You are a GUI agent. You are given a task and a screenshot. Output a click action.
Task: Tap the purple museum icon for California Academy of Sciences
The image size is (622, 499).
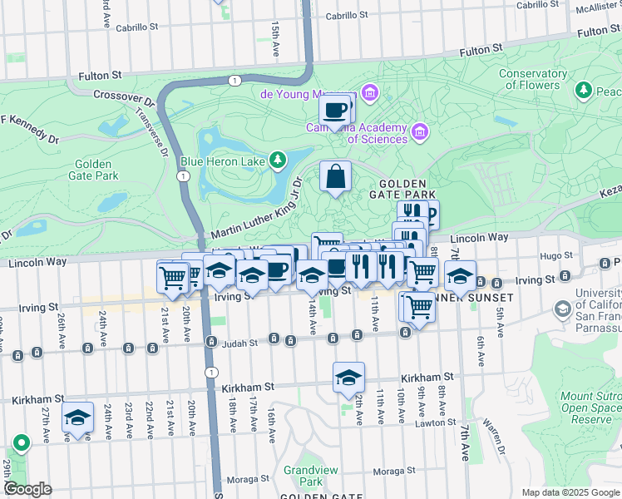click(x=420, y=132)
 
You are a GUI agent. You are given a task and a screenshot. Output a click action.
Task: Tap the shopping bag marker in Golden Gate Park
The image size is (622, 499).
click(x=335, y=176)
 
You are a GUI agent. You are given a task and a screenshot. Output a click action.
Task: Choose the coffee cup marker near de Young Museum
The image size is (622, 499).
click(x=334, y=110)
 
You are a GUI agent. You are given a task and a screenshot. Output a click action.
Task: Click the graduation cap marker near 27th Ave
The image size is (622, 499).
click(x=77, y=417)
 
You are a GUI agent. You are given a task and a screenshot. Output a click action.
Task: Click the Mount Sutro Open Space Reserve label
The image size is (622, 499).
click(x=590, y=408)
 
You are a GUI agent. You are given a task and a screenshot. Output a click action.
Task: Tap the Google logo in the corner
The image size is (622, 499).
click(x=27, y=489)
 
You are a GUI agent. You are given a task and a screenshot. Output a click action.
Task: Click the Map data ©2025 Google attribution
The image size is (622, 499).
click(x=570, y=492)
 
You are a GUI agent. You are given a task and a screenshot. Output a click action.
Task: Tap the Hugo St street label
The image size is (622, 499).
click(x=551, y=257)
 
